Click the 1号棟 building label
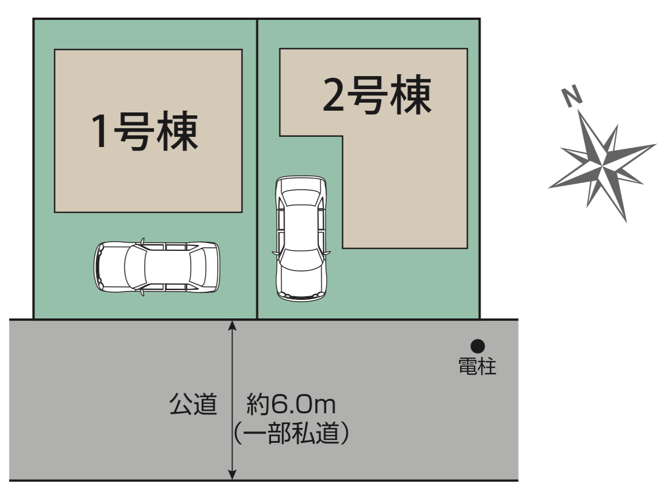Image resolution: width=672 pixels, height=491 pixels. [144, 131]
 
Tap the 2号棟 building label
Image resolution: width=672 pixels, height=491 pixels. [377, 95]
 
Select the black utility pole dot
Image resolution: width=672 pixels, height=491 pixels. [477, 346]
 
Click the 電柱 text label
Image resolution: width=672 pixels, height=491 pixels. [477, 367]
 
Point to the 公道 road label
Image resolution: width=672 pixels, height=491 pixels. [193, 404]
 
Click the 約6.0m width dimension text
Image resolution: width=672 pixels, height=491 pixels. [291, 405]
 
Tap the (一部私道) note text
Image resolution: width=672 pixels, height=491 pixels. [291, 433]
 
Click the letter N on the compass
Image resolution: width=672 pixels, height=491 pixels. [572, 96]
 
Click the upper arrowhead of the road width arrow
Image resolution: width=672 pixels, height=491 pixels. [232, 325]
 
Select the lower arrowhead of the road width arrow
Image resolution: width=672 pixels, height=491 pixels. [232, 475]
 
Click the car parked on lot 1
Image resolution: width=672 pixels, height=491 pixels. [157, 267]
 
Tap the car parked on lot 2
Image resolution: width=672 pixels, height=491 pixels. [301, 238]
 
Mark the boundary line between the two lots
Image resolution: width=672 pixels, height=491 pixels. [257, 169]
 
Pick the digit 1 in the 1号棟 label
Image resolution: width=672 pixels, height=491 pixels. [101, 132]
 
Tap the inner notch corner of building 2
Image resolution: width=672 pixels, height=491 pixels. [343, 137]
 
